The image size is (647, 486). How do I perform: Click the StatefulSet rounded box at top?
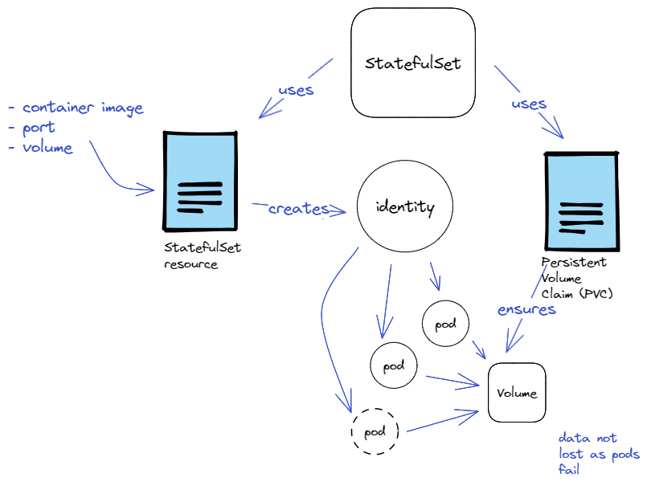[413, 63]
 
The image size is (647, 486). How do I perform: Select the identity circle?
[405, 207]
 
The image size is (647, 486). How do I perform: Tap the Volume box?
[517, 393]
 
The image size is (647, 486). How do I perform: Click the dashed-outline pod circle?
[375, 432]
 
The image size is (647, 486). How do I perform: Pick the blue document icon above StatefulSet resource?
[201, 181]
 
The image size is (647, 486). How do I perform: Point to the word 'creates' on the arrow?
[298, 209]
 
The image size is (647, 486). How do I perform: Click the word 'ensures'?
[526, 309]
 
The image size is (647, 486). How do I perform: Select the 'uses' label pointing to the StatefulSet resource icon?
[296, 89]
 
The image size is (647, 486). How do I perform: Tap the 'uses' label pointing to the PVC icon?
[528, 104]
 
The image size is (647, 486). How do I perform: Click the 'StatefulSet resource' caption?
[202, 255]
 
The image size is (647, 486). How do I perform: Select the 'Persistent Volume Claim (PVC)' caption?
[575, 278]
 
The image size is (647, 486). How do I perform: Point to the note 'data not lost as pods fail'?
[598, 454]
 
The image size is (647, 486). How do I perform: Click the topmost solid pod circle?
[445, 324]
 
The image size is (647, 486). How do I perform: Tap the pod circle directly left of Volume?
[393, 366]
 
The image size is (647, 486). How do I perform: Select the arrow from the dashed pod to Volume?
[442, 422]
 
